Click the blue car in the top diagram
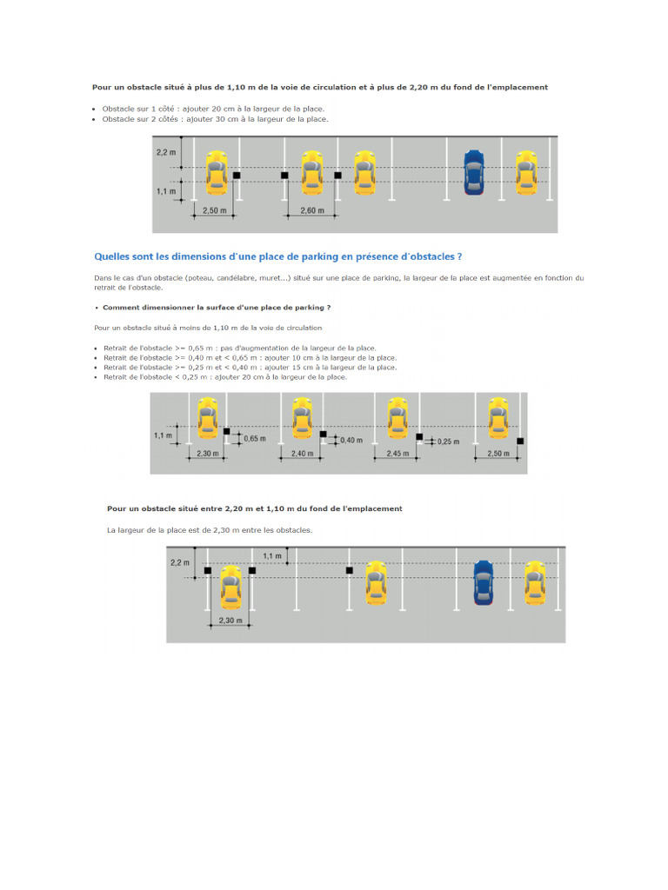473,171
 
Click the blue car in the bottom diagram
484,582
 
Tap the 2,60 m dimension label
311,210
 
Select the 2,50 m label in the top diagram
214,210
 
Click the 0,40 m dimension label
351,441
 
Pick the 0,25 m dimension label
447,442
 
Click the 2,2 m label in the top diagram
165,152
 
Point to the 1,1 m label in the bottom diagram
271,555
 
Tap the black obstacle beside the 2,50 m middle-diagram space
520,442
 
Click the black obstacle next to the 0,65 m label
227,432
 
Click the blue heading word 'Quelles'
111,256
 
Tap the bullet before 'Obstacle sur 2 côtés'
95,119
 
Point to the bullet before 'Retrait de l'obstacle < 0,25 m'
95,377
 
